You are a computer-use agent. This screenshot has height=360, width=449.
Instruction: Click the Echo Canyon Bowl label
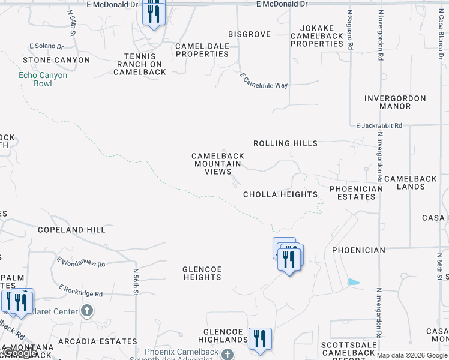pos(43,79)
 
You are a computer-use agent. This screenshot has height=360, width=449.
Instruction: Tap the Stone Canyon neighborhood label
pos(56,60)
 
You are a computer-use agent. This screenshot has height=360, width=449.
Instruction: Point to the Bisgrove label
pos(249,34)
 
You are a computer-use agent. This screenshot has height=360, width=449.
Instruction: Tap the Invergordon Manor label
pos(395,102)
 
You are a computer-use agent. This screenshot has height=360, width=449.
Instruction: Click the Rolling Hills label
pos(285,143)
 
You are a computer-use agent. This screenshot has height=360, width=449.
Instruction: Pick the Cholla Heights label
pos(280,194)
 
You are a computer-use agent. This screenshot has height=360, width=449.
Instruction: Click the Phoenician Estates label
pos(356,193)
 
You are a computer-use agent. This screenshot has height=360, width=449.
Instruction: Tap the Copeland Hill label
pos(71,230)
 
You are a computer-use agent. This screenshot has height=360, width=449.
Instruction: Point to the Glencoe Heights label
pos(202,273)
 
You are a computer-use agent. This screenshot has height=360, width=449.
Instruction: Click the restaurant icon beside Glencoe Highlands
pos(260,338)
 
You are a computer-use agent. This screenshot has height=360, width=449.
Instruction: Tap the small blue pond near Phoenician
pos(354,282)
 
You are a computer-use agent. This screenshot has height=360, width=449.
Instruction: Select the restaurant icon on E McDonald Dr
pos(154,13)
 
